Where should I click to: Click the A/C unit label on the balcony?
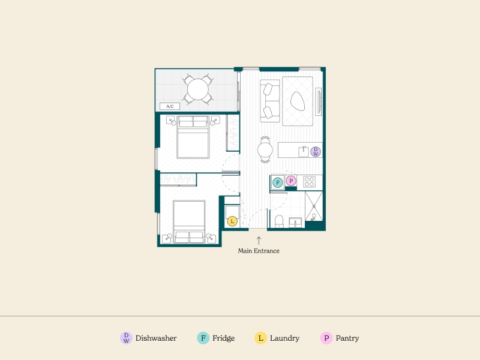pos(170,107)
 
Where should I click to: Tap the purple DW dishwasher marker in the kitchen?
pos(316,152)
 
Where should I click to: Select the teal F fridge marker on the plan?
pos(278,183)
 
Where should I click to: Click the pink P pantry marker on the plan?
pos(291,181)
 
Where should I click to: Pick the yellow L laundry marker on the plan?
pos(232,221)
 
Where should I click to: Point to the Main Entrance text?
pos(259,251)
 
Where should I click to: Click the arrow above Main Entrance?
pos(259,241)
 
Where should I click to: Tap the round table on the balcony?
pos(198,89)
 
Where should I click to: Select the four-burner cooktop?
pos(310,182)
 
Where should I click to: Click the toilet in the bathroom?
pos(279,221)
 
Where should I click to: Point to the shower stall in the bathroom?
pos(314,206)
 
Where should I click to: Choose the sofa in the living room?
pos(270,101)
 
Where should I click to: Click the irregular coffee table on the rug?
pos(297,101)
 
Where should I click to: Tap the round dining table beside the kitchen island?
pos(265,150)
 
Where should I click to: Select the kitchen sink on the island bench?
pos(304,152)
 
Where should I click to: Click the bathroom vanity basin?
pos(295,223)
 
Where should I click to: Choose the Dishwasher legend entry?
pos(148,338)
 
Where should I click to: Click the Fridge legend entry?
pos(216,338)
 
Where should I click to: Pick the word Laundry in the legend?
pos(284,338)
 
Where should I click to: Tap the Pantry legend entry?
pos(340,338)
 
